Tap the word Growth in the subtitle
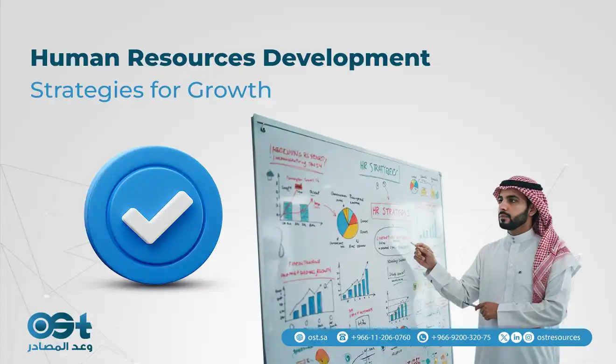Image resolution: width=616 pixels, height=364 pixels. click(x=229, y=90)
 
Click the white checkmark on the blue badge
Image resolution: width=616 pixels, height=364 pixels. click(x=157, y=216)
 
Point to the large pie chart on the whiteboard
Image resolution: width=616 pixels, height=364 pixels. click(x=348, y=223)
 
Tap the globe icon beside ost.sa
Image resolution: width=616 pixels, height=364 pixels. click(x=300, y=337)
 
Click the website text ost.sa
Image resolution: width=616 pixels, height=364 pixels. click(x=318, y=337)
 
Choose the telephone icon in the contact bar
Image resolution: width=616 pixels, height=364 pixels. click(x=343, y=337)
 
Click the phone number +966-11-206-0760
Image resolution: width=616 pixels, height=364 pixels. click(x=381, y=337)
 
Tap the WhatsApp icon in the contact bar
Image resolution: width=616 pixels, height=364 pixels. click(x=423, y=337)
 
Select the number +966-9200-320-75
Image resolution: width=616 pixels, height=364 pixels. click(x=461, y=337)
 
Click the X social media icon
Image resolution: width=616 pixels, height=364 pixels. click(x=504, y=337)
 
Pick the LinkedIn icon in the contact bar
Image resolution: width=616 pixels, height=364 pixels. click(x=516, y=337)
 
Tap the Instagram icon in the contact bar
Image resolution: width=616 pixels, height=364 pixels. click(x=528, y=337)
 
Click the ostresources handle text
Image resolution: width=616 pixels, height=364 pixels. click(x=559, y=337)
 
